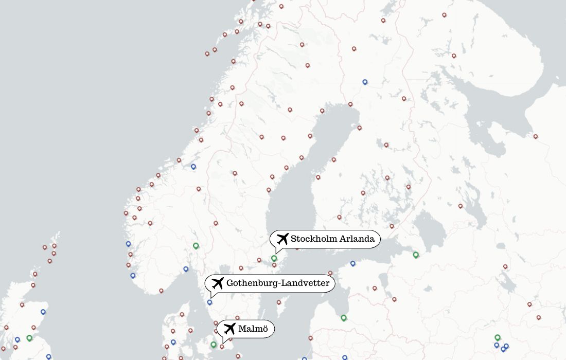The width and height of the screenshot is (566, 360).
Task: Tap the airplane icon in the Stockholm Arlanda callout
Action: [x=282, y=239]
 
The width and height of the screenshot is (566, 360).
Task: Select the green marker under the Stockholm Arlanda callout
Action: [x=274, y=258]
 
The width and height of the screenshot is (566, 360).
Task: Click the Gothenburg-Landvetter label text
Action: [x=278, y=283]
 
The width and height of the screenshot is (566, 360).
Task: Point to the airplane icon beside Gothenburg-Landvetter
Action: [x=218, y=283]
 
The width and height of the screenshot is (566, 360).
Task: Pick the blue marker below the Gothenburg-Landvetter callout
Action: [x=209, y=302]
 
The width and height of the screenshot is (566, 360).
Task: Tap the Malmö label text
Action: [x=253, y=329]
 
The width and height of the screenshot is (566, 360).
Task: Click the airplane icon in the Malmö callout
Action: [x=229, y=329]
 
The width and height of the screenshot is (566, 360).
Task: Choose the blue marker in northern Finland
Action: [x=365, y=82]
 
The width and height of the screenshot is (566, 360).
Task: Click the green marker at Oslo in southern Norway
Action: [x=196, y=246]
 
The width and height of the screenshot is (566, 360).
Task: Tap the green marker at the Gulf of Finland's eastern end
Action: [x=416, y=255]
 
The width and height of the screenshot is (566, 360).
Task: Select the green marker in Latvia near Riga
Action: [x=344, y=318]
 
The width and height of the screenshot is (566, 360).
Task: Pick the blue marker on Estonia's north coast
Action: [x=352, y=263]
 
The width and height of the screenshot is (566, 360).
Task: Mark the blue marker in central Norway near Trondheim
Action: [x=193, y=167]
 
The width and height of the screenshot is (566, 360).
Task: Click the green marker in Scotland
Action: [x=29, y=338]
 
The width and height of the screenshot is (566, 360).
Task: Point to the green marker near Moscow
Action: [x=498, y=337]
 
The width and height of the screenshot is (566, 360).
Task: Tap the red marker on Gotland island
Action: [x=279, y=302]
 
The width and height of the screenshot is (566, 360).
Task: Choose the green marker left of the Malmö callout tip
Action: [x=214, y=345]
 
